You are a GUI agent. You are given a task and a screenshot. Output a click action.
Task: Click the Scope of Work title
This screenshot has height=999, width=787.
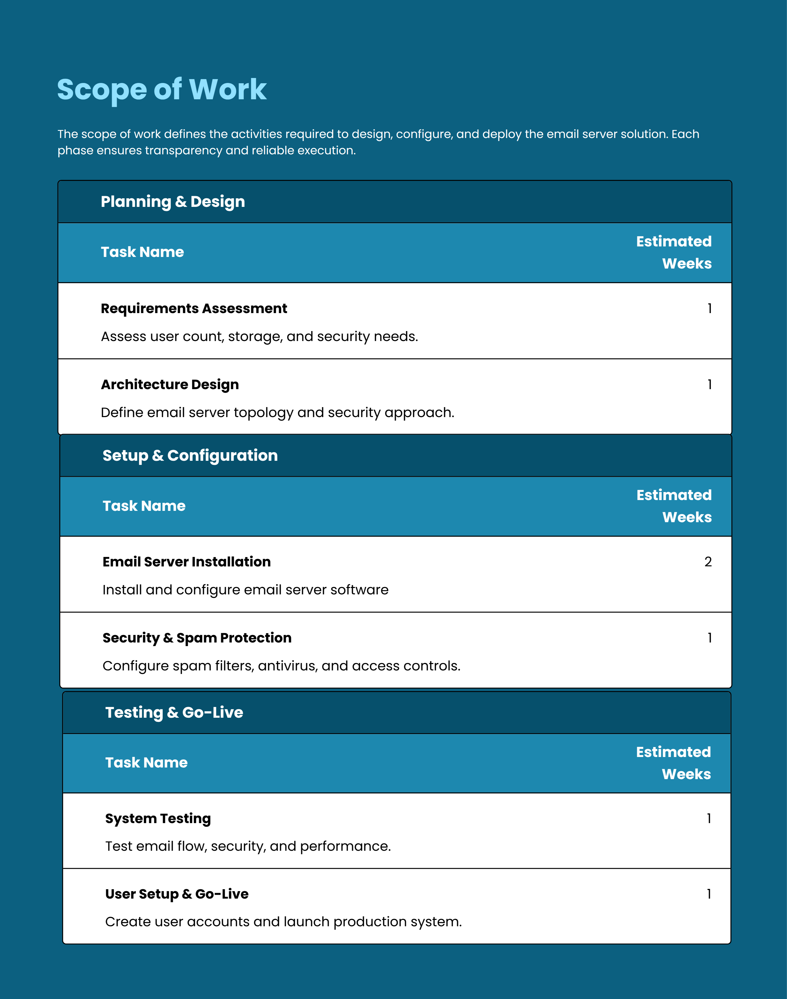pos(162,89)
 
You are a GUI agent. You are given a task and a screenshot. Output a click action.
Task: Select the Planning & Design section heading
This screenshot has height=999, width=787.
pos(173,202)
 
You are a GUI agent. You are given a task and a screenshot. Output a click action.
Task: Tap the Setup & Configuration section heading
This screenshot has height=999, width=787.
pos(190,456)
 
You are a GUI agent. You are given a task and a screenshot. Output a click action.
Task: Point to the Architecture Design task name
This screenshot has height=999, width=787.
pos(170,384)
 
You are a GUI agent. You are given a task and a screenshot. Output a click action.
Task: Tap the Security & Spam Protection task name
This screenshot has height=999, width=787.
pos(197,638)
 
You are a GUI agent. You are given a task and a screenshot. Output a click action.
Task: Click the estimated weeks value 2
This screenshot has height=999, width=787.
pos(708,562)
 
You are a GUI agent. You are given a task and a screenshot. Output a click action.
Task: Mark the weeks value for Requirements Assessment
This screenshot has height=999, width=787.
pos(710,308)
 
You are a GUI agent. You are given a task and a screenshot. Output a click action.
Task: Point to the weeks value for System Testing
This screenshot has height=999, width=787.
pos(709,818)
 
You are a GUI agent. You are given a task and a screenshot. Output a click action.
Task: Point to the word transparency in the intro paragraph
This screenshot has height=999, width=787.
pos(183,151)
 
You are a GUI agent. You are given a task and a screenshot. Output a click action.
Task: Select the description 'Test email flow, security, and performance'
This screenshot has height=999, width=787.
pos(248,847)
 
